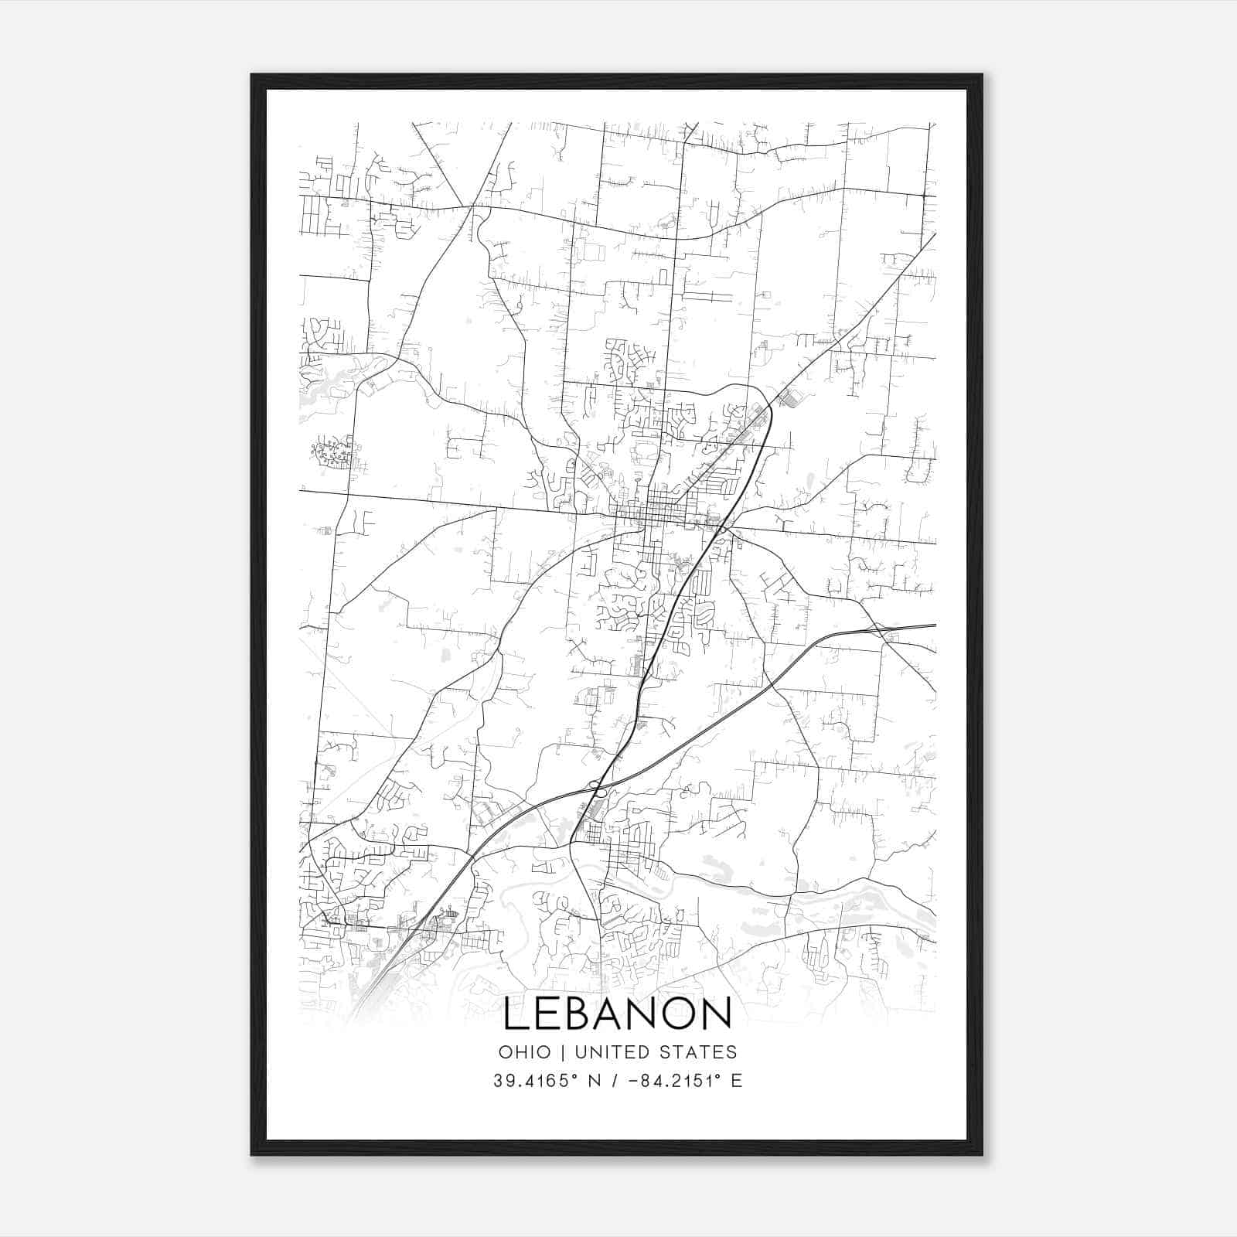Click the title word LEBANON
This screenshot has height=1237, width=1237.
pos(617,1014)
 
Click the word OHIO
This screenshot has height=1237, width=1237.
pos(524,1052)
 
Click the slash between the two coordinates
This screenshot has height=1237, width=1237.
pos(617,1081)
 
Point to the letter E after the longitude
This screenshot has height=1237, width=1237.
pos(736,1081)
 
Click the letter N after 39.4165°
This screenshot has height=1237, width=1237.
pos(595,1081)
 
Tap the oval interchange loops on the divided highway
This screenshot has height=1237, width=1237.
pos(595,786)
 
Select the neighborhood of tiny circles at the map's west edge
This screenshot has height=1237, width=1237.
pos(332,453)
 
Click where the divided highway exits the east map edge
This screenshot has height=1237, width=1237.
pos(934,625)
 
